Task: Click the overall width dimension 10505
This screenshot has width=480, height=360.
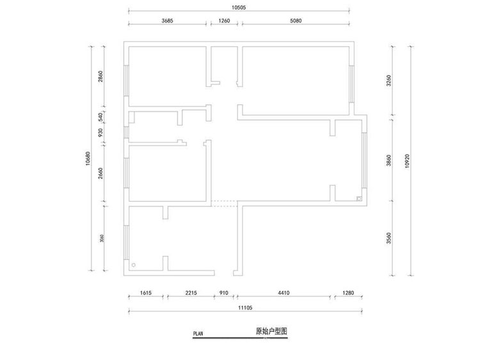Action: coord(238,7)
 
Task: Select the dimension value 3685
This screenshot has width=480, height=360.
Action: coord(168,20)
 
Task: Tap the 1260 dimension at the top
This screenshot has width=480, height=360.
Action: coord(224,20)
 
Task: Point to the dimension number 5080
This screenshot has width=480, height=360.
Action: coord(295,20)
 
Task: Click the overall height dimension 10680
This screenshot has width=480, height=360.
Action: coord(85,158)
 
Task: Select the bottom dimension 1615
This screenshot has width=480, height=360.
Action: coord(145,293)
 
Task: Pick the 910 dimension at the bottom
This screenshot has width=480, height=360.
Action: coord(224,293)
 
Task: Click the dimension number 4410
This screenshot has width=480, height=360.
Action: coord(284,293)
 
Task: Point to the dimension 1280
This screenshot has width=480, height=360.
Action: coord(348,293)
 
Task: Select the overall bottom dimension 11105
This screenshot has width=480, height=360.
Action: coord(246,308)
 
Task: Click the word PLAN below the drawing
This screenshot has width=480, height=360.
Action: coord(198,333)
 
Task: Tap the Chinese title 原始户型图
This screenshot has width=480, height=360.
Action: coord(271,331)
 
